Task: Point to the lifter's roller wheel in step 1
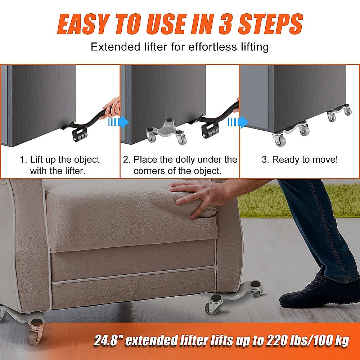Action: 80,135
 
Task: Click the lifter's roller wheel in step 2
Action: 210,130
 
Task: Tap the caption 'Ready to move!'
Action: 300,159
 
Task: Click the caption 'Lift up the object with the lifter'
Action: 60,165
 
